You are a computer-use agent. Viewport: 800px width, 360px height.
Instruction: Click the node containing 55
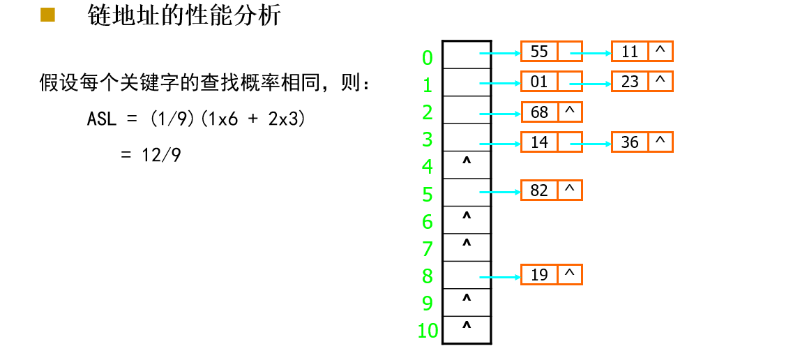[551, 51]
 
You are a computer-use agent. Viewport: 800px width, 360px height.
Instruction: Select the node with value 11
[642, 51]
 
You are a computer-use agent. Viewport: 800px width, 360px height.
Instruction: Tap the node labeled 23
[642, 81]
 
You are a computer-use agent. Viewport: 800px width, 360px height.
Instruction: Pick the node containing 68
[551, 112]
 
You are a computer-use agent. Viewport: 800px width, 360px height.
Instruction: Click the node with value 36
[642, 142]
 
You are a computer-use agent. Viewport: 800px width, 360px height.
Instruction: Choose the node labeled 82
[551, 190]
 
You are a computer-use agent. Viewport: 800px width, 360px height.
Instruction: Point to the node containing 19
[551, 275]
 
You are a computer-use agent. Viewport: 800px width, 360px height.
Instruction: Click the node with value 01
[551, 81]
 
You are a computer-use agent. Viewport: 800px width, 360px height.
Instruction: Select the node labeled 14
[551, 142]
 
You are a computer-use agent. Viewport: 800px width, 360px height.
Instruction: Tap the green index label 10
[428, 331]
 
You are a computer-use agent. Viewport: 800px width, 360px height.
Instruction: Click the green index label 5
[428, 194]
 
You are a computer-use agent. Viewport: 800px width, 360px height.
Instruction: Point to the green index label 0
[428, 58]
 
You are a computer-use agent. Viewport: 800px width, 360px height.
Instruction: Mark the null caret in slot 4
[466, 161]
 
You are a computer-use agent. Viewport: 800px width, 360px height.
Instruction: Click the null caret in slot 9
[466, 297]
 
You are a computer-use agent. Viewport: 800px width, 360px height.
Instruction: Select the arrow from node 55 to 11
[590, 52]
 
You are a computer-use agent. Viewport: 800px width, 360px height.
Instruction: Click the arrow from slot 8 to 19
[501, 277]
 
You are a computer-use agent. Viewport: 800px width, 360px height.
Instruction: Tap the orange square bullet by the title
[47, 15]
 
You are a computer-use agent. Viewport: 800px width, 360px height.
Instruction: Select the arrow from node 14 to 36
[590, 144]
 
